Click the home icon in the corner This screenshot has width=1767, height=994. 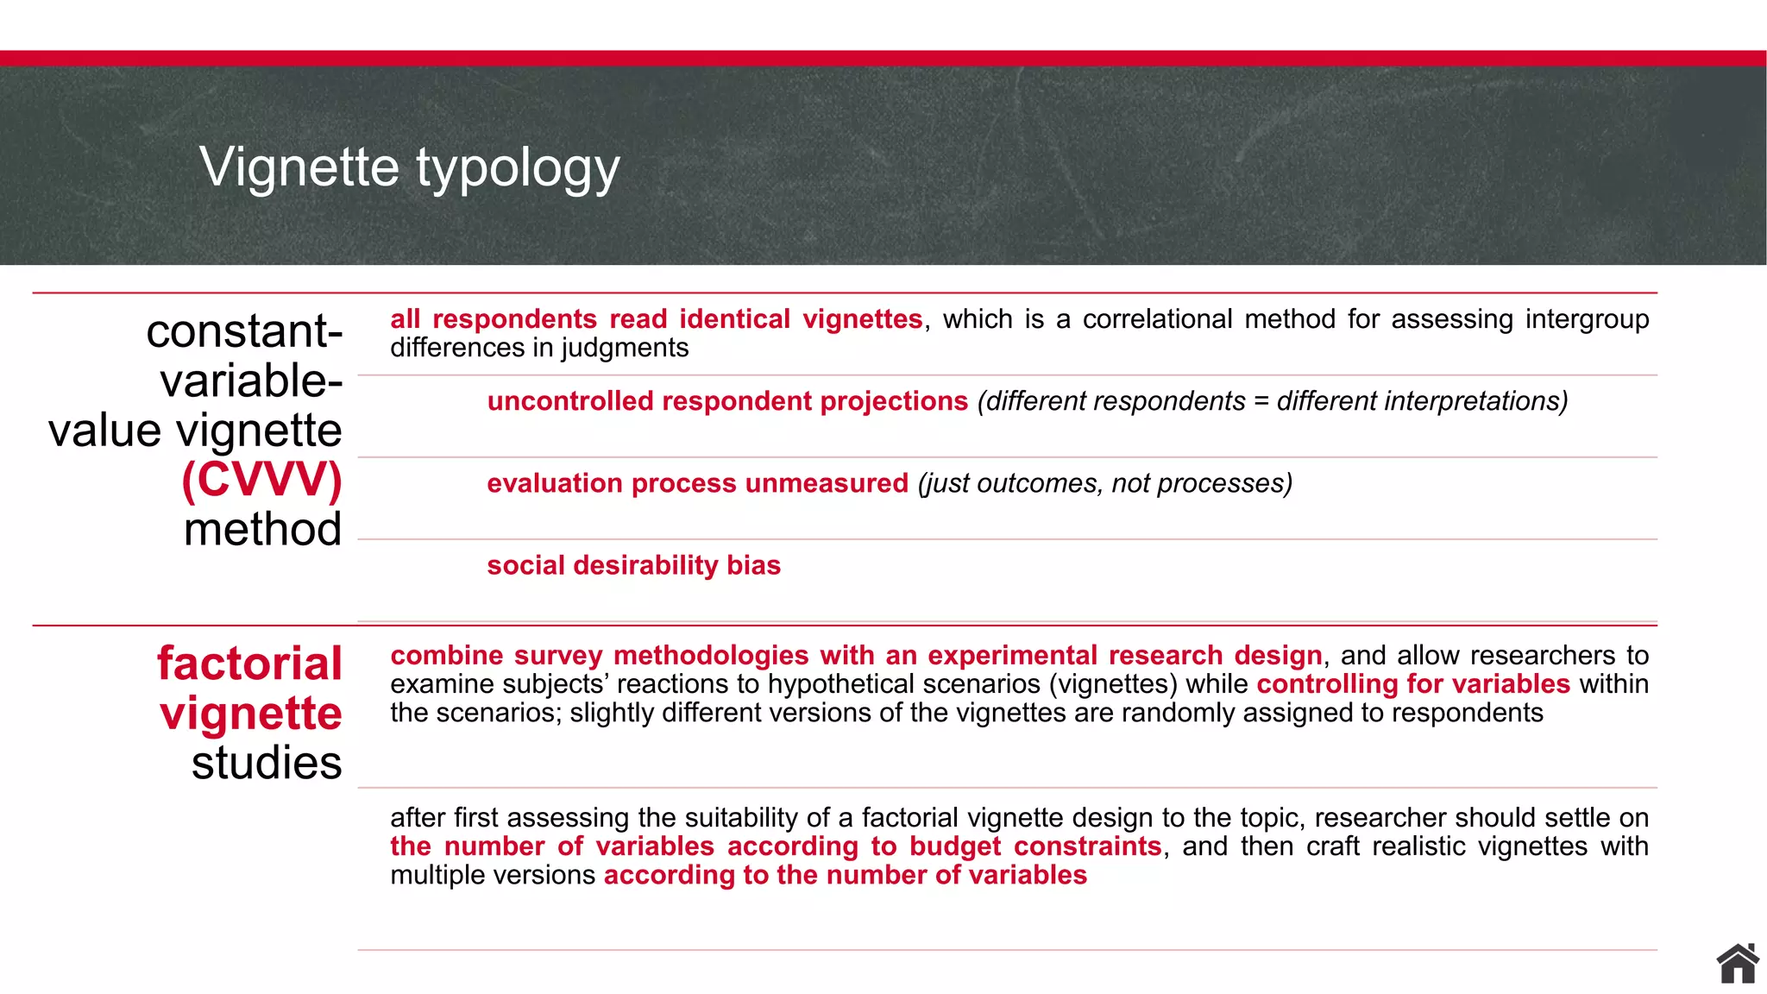pos(1737,964)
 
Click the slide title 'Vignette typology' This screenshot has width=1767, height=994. pos(409,167)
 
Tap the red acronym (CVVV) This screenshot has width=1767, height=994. pos(261,480)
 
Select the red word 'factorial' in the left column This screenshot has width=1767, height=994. pos(249,664)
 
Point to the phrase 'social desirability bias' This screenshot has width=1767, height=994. pos(633,565)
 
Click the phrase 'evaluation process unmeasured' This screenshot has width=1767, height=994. pos(697,483)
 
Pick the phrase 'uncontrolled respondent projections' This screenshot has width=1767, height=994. pos(727,401)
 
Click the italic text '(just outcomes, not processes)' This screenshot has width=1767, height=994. pos(1105,483)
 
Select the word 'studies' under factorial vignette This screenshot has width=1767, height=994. pos(267,763)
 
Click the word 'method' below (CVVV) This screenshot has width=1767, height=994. pos(262,529)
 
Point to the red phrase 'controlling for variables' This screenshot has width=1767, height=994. pos(1413,684)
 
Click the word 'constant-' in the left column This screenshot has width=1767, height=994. pos(244,331)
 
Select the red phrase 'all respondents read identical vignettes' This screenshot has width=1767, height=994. pos(656,319)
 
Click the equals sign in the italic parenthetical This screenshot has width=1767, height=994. pos(1261,401)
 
